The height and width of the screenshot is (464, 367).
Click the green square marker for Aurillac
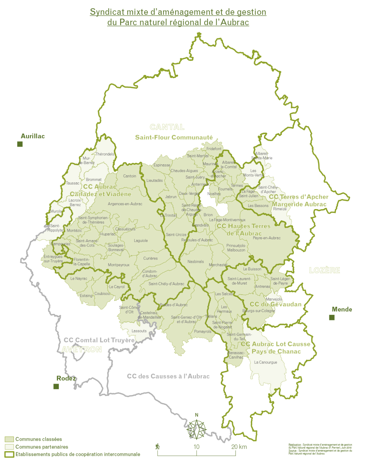(x=20, y=144)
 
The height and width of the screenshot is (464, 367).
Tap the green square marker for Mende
(x=332, y=317)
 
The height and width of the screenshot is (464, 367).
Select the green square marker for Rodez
(x=56, y=386)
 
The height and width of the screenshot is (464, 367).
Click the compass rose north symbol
(x=197, y=429)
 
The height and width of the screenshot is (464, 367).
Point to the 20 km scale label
(x=239, y=447)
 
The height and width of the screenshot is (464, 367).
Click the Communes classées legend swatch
(x=9, y=439)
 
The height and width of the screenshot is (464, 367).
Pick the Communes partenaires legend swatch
(x=9, y=447)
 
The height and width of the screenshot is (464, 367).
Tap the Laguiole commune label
(x=141, y=241)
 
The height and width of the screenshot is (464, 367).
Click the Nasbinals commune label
(x=195, y=262)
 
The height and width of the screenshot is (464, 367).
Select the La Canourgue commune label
(x=266, y=362)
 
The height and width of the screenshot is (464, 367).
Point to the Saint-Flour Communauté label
(x=174, y=137)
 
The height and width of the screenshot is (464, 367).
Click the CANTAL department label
(x=167, y=127)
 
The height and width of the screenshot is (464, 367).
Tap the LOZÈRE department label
(x=324, y=270)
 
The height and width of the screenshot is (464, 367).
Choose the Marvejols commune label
(x=274, y=299)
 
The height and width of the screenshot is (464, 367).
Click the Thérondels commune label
(x=105, y=154)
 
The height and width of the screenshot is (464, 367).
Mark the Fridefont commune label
(x=214, y=149)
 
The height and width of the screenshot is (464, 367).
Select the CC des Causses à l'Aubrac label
(x=168, y=376)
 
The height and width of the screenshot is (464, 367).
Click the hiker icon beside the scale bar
(x=157, y=446)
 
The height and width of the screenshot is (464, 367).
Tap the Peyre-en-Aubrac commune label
(x=267, y=238)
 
